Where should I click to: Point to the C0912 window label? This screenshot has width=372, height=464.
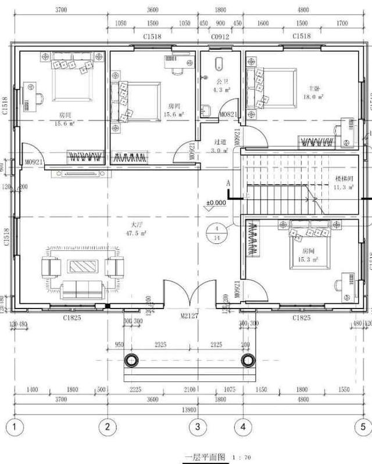(x=220, y=37)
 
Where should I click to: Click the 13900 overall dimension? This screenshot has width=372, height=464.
(x=188, y=410)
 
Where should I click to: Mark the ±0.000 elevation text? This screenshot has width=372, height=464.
(x=216, y=203)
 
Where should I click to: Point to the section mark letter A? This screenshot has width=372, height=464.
(x=228, y=183)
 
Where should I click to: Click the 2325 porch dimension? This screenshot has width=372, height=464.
(x=160, y=345)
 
